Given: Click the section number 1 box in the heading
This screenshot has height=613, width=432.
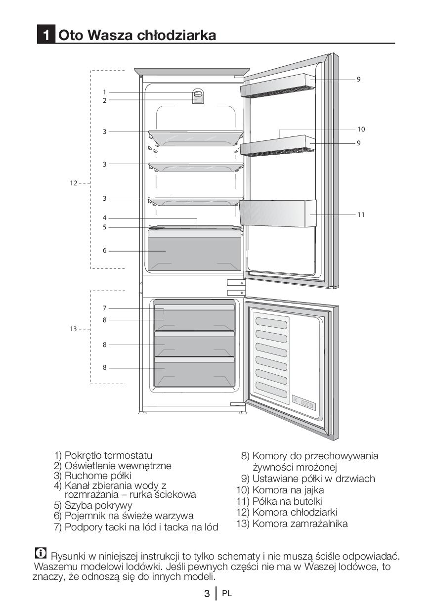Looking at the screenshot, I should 46,35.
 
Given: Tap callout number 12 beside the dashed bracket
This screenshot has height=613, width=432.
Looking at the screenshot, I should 73,183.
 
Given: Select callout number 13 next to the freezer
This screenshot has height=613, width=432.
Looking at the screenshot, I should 73,329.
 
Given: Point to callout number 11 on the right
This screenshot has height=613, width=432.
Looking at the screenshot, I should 361,215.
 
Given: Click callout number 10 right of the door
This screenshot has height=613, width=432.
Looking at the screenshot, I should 361,129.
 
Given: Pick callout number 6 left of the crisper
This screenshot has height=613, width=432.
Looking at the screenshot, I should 104,251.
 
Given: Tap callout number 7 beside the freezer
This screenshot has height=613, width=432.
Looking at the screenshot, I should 104,308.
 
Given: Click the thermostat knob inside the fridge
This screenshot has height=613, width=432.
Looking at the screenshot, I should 198,93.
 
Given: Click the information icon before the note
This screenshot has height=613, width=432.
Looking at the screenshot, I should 41,553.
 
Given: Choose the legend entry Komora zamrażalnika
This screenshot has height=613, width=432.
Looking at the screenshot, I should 300,524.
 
